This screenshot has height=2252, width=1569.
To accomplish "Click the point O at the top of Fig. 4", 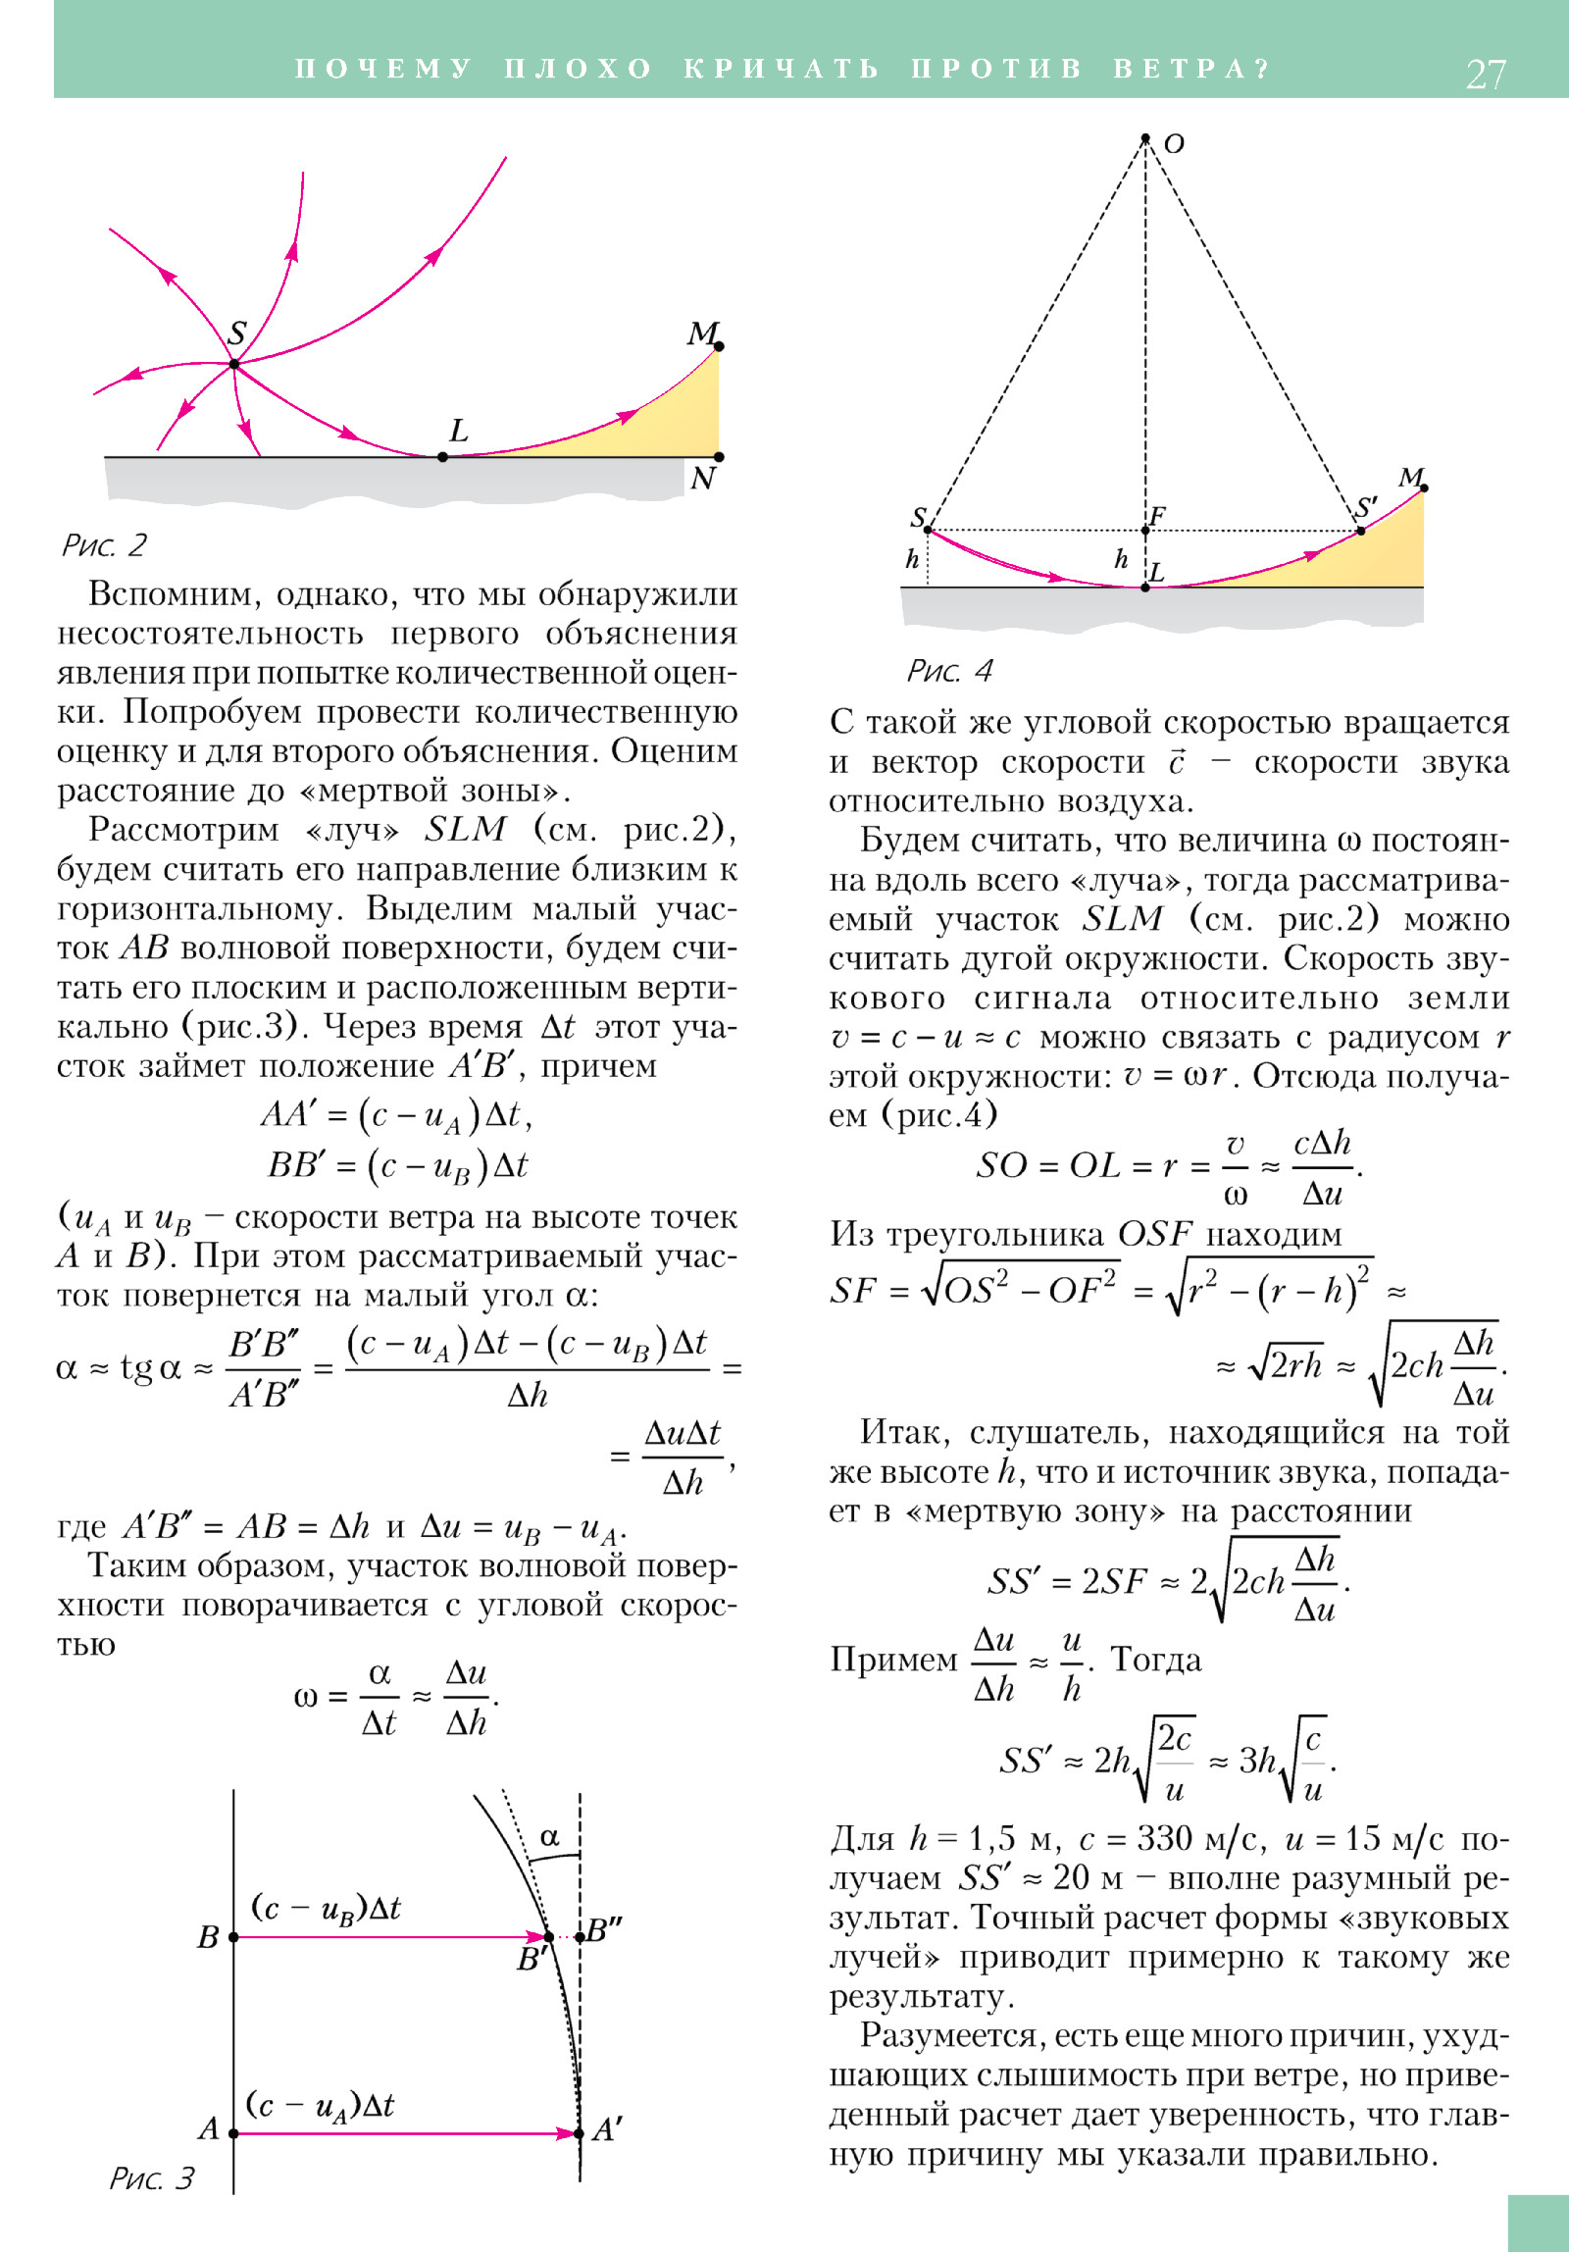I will (x=1145, y=138).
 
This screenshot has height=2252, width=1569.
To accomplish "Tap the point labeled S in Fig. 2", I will (x=234, y=364).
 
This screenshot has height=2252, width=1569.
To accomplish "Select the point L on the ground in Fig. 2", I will (x=442, y=457).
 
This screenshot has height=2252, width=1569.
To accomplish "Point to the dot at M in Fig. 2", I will (x=719, y=346).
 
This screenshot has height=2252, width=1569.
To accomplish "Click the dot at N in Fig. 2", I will (x=719, y=457).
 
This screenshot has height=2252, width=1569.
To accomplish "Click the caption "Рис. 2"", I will (x=104, y=545).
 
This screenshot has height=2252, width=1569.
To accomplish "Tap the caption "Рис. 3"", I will (x=151, y=2178).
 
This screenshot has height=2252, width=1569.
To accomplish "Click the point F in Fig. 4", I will (x=1145, y=531).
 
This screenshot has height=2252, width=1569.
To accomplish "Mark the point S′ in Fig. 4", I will (x=1361, y=531).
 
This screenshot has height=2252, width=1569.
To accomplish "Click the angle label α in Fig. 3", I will (x=549, y=1836).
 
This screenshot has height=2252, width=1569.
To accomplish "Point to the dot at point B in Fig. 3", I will (x=233, y=1937).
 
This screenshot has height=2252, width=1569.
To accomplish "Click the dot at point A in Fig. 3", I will (x=233, y=2133).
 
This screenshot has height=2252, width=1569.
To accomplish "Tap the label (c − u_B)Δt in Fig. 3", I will (x=327, y=1908).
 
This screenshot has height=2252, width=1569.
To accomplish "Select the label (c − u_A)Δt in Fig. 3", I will (x=320, y=2105).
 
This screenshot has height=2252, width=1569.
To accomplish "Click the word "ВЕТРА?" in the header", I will (x=1191, y=69).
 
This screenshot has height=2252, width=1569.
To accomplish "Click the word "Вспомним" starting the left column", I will (x=174, y=594).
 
